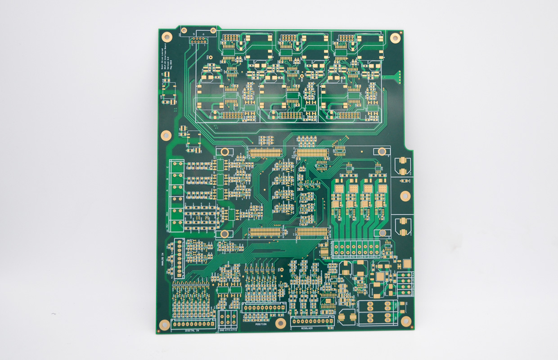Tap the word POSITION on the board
[261, 324]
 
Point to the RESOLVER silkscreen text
[308, 328]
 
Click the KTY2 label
[234, 330]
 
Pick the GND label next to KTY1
[221, 330]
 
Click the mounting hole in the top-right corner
[395, 38]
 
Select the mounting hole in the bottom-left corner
[165, 324]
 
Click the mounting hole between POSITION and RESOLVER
[281, 323]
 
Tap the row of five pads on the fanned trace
[398, 77]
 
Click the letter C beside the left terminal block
[167, 168]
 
